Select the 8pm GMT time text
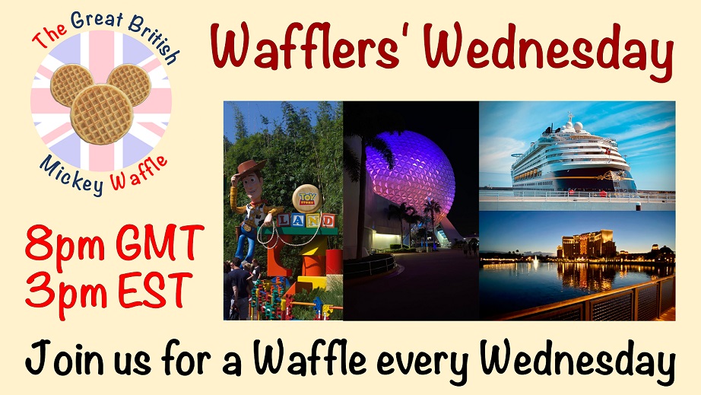point(115,244)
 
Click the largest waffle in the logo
point(102,114)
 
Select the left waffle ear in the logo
point(71,84)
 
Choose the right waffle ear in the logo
point(130,84)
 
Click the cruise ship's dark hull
point(577,180)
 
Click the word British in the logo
point(154,40)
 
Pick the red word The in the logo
point(49,34)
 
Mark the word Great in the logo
point(97,20)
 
